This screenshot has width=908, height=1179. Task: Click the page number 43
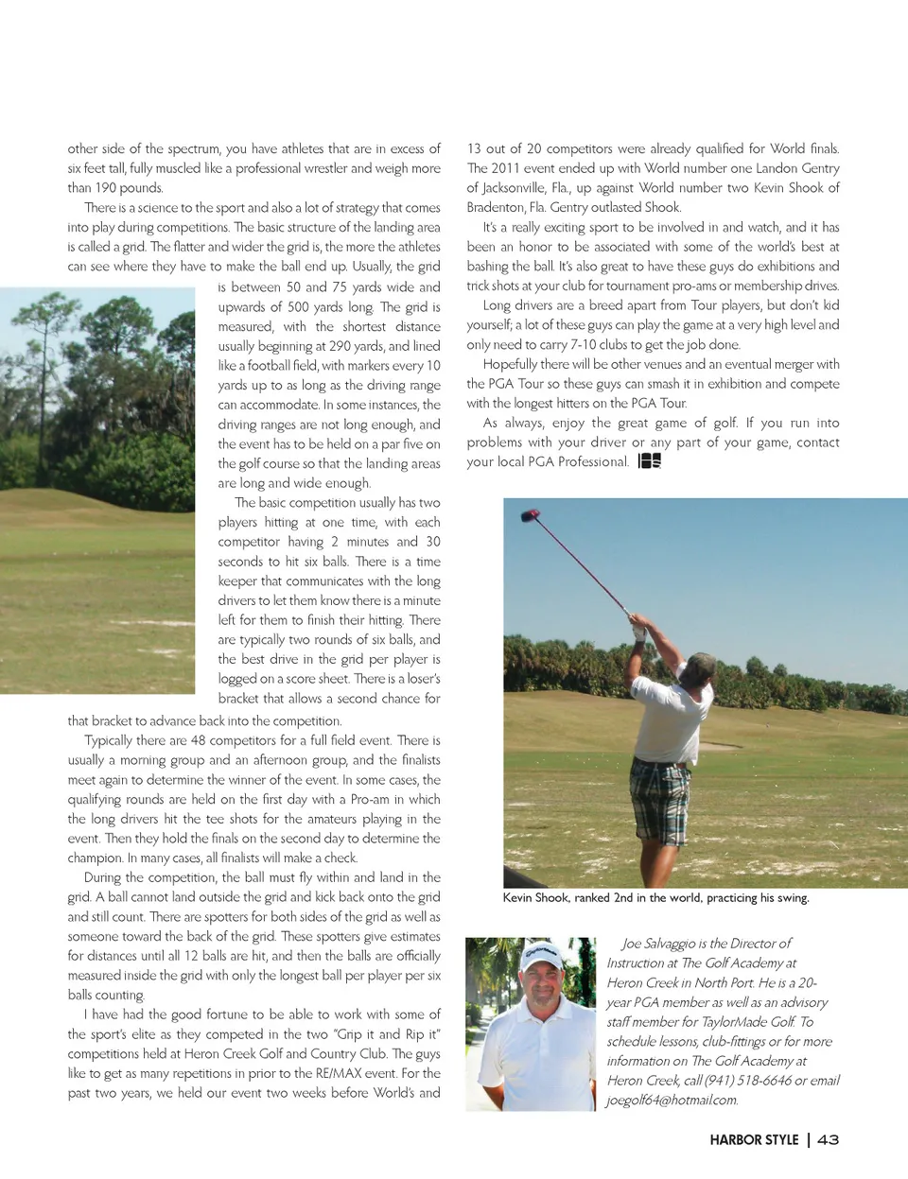pos(828,1139)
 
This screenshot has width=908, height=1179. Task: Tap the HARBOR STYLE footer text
pos(754,1139)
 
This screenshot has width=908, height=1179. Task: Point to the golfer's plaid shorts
pos(661,789)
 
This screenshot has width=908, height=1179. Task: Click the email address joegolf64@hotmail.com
pos(672,1100)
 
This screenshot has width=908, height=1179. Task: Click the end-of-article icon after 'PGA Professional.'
pos(649,461)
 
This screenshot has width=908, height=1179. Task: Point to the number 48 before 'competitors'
pos(198,740)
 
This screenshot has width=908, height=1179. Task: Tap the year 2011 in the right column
pos(505,168)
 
